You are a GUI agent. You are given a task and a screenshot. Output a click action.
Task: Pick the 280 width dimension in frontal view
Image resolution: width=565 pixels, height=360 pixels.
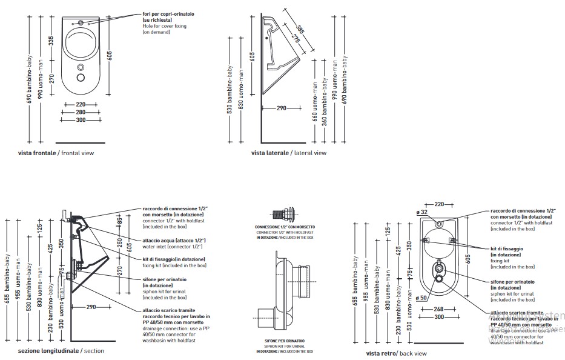tap(81, 112)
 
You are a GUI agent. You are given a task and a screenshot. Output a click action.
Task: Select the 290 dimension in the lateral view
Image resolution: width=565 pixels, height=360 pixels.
tap(281, 108)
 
